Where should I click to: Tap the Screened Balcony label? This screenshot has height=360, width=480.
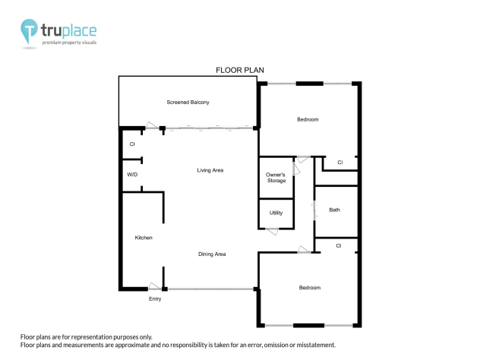pos(188,102)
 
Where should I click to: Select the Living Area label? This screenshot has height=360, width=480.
pos(210,170)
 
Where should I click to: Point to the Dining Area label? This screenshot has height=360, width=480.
pos(212,254)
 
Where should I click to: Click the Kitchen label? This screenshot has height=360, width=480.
pos(144,238)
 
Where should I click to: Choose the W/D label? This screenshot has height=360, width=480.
pos(132,175)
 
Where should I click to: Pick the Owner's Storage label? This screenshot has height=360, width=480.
pos(276,178)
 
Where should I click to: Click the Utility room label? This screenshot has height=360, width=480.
pos(276,213)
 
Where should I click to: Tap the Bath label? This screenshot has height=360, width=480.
pos(334,210)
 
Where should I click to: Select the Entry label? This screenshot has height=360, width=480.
pos(155,298)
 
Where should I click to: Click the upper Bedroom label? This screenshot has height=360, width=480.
pos(308,119)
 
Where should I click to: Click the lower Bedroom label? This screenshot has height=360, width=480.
pos(309,288)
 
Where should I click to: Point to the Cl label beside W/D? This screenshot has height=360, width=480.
pos(131,144)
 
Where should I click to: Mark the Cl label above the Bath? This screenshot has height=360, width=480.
pos(339,162)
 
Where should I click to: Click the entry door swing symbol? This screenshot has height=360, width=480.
pos(156,286)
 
